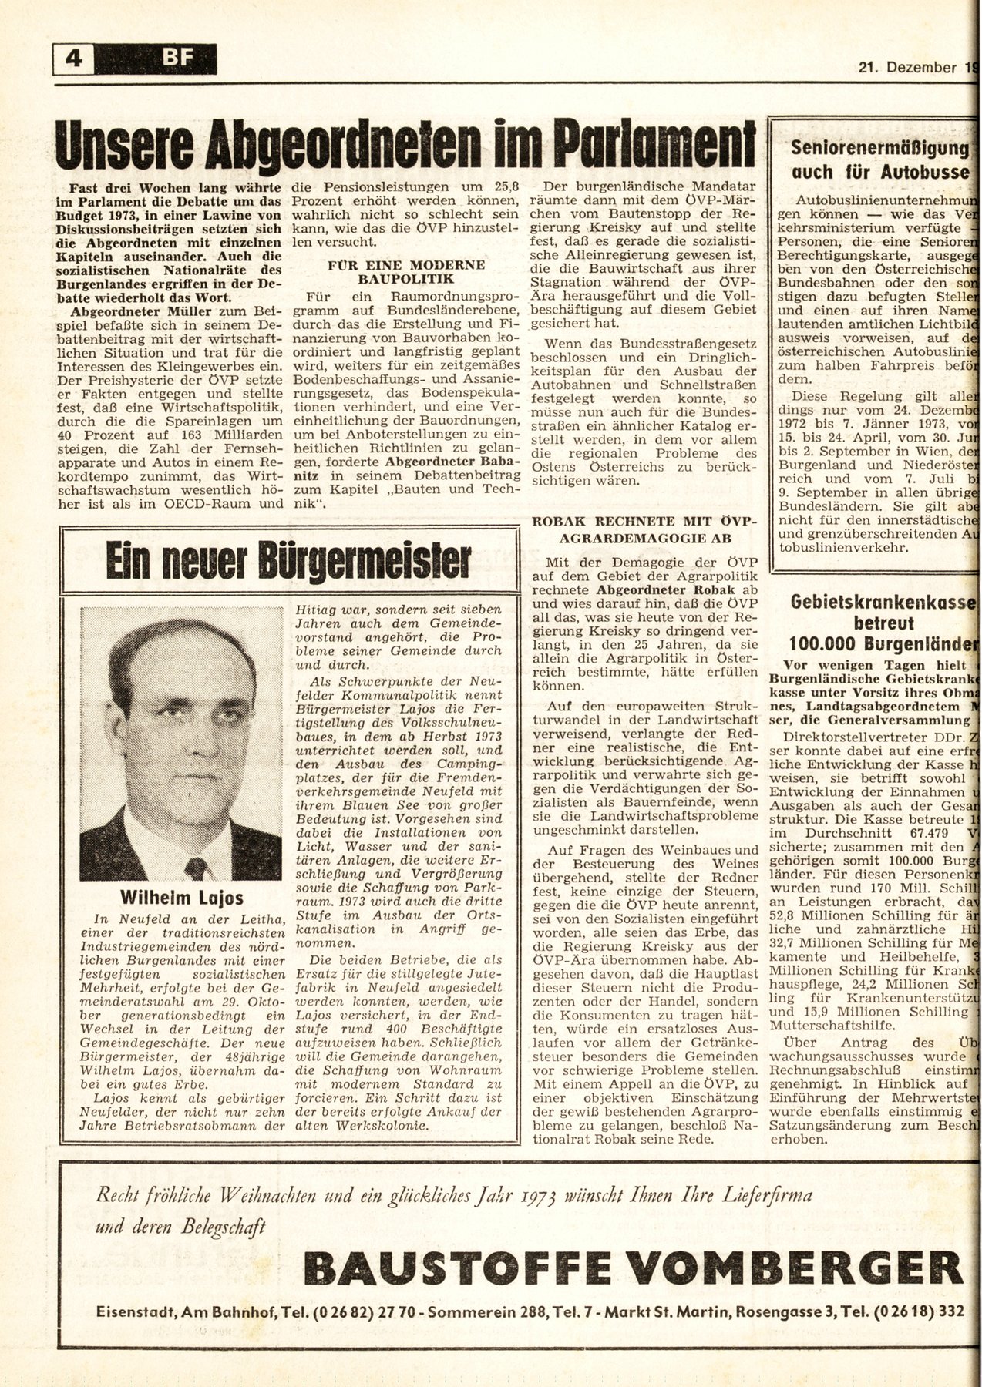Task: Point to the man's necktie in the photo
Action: (x=194, y=867)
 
